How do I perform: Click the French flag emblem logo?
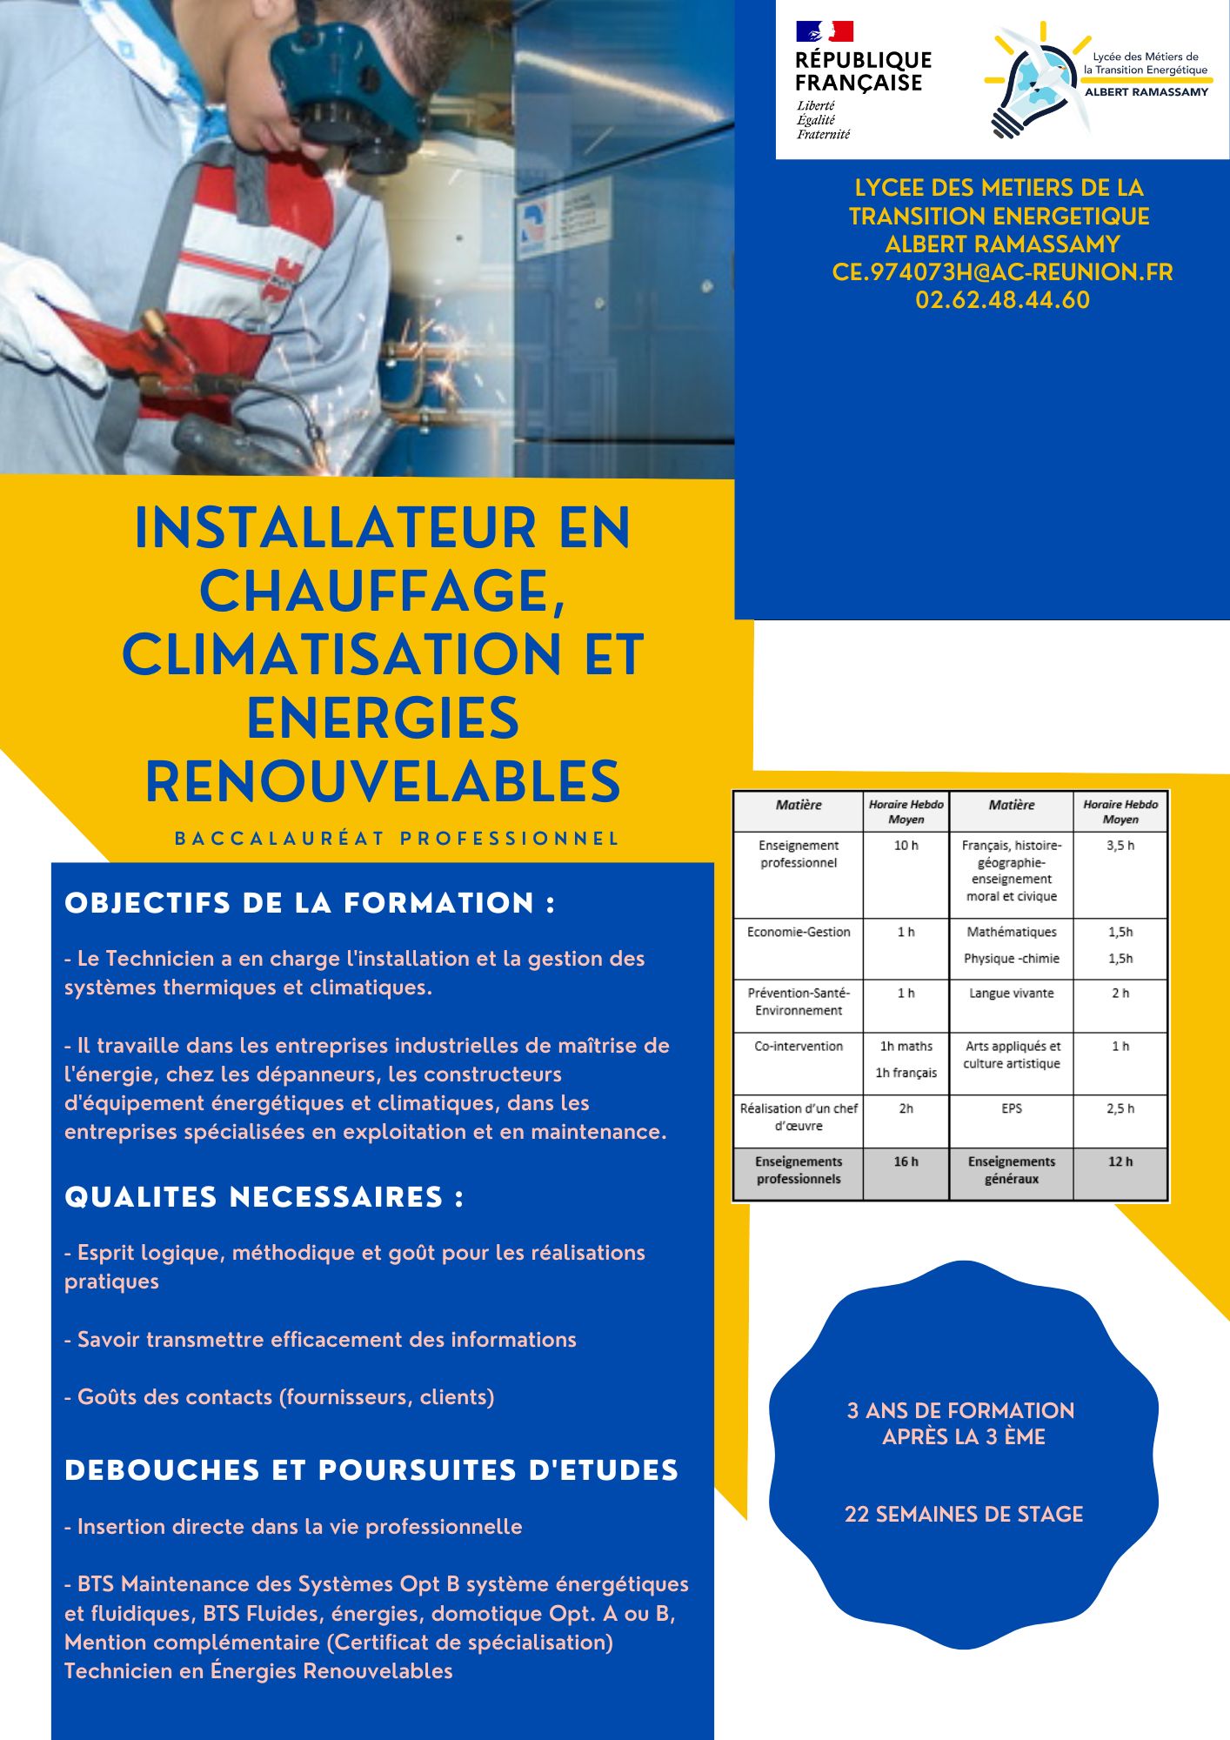[824, 32]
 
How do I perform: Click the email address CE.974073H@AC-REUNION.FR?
[1002, 272]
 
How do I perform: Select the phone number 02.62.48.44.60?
[1002, 300]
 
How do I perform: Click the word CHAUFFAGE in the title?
[383, 592]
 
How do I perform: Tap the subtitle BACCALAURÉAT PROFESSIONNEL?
[397, 839]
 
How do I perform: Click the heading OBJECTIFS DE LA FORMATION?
[310, 903]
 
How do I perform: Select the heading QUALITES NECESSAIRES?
[264, 1197]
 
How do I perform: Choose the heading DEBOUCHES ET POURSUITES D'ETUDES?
[371, 1470]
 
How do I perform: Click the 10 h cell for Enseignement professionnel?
[906, 846]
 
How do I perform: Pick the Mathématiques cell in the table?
[1011, 932]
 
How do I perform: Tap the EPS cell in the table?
[1011, 1108]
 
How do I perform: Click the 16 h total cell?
[906, 1161]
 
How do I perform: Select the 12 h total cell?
[1120, 1161]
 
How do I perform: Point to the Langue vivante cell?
[1011, 994]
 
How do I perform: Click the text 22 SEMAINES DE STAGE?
[964, 1515]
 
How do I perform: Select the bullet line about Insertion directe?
[293, 1527]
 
